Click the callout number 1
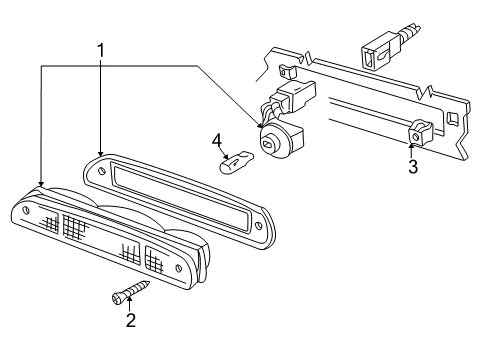tap(101, 51)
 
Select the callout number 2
tap(131, 320)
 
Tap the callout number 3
tap(413, 167)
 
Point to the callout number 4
tap(217, 141)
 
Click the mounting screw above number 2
tap(131, 292)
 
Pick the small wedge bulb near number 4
tap(236, 162)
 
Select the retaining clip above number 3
tap(421, 132)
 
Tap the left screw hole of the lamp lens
tap(26, 210)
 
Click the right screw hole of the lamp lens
tap(178, 268)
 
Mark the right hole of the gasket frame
tap(258, 225)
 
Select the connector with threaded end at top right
tap(389, 46)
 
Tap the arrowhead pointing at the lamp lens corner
tap(41, 183)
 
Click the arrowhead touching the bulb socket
tap(260, 125)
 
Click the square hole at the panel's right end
tap(452, 118)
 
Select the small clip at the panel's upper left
tap(287, 72)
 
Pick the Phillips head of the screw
tap(117, 298)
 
